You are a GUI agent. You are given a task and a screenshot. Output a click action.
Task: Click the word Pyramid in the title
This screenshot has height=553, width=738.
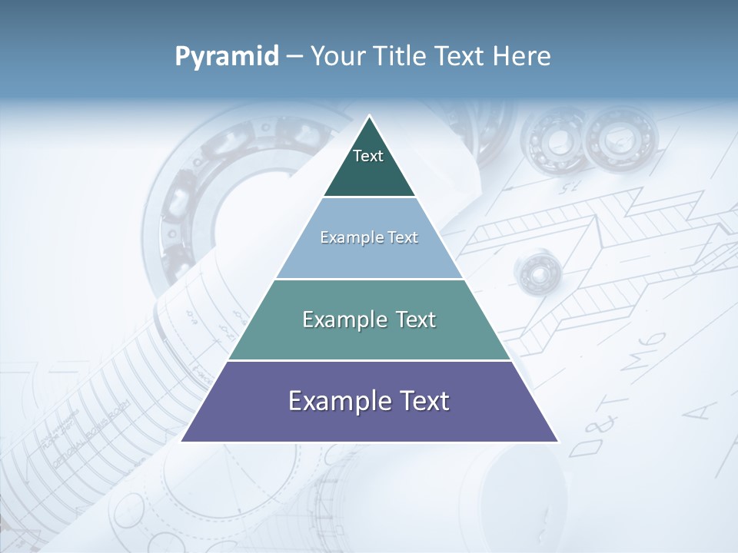[227, 57]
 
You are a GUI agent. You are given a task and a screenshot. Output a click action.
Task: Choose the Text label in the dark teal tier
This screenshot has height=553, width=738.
[368, 156]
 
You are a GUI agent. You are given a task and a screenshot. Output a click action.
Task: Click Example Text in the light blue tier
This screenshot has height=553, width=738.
[369, 237]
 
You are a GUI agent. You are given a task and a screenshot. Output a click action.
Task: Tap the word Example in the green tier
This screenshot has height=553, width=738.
[341, 320]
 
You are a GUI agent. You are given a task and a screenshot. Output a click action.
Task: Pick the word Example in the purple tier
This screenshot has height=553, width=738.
[337, 401]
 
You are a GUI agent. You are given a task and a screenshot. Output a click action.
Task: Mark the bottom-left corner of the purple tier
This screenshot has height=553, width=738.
[182, 441]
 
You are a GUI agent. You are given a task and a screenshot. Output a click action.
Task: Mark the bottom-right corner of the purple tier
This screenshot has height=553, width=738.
[557, 441]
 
